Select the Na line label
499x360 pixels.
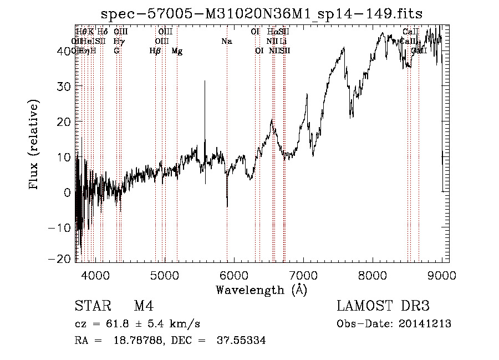[x=226, y=41]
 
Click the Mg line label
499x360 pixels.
[x=177, y=51]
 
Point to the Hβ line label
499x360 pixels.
[x=155, y=51]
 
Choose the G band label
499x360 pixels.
[x=116, y=51]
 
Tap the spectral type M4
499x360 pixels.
[x=144, y=307]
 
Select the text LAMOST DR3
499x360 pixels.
[x=383, y=307]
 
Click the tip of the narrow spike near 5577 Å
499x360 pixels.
[x=205, y=82]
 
